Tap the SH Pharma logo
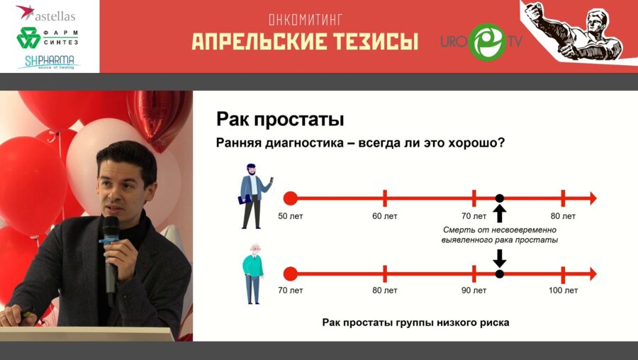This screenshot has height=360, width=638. [x=48, y=62]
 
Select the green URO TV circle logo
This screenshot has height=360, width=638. [x=487, y=42]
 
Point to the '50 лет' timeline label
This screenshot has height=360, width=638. [x=290, y=215]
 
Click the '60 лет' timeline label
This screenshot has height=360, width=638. [x=385, y=215]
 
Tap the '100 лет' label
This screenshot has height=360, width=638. [x=562, y=291]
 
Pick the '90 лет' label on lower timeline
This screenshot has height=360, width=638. [x=474, y=291]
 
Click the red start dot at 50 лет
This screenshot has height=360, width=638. [x=290, y=198]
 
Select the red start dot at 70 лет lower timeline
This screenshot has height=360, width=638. [x=290, y=274]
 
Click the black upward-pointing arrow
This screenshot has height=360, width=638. [x=500, y=213]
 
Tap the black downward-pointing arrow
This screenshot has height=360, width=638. [x=500, y=257]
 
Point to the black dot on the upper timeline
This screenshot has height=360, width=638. [x=500, y=198]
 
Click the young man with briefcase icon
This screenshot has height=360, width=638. [x=253, y=196]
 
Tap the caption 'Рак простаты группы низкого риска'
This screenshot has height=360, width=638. [x=415, y=322]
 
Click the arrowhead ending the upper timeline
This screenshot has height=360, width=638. [x=593, y=198]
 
